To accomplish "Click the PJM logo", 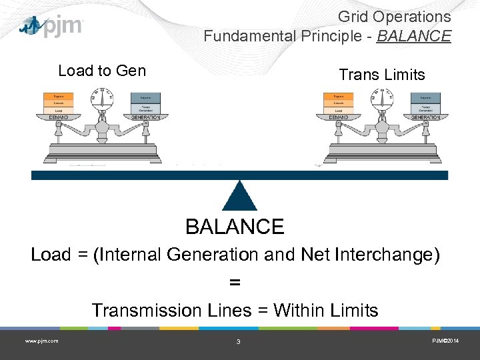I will [x=51, y=26].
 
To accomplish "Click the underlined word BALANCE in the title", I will [x=413, y=35].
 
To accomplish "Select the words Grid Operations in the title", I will [x=394, y=17].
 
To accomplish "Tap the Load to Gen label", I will [x=102, y=71].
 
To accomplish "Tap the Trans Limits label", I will [x=381, y=75].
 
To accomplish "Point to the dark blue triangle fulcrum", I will [x=239, y=197].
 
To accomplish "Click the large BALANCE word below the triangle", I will [x=235, y=227].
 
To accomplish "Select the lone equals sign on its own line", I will [x=235, y=283].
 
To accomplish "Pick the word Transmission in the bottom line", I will [x=137, y=311].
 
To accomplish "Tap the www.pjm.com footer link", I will [x=41, y=341].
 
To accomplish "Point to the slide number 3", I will [x=238, y=342].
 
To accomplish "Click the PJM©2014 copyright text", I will [x=445, y=341].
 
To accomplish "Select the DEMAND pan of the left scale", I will [x=58, y=118].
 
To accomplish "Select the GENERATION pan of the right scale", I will [x=426, y=118].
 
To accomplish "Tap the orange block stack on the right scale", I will [x=338, y=103].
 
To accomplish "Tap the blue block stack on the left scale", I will [x=146, y=103].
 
